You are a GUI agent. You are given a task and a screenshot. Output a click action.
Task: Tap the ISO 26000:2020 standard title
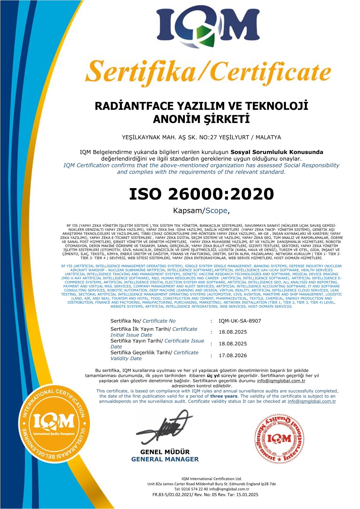201,194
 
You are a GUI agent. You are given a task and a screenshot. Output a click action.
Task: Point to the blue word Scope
216,211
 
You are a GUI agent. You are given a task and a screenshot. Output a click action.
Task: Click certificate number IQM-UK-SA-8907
240,321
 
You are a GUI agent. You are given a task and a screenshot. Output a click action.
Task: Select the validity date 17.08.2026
233,355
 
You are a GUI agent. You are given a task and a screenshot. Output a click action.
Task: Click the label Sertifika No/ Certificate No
143,321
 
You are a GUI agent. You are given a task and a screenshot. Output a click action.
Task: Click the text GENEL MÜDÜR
165,452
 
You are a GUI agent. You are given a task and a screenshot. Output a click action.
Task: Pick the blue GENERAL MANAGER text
165,459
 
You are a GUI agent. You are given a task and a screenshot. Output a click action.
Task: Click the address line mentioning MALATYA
201,137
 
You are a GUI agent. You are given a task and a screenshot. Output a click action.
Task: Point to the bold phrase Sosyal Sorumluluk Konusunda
277,152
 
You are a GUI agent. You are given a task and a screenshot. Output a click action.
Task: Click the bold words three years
224,396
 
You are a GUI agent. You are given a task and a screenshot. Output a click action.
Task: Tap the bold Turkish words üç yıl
213,376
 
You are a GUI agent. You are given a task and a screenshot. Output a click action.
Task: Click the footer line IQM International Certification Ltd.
211,479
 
